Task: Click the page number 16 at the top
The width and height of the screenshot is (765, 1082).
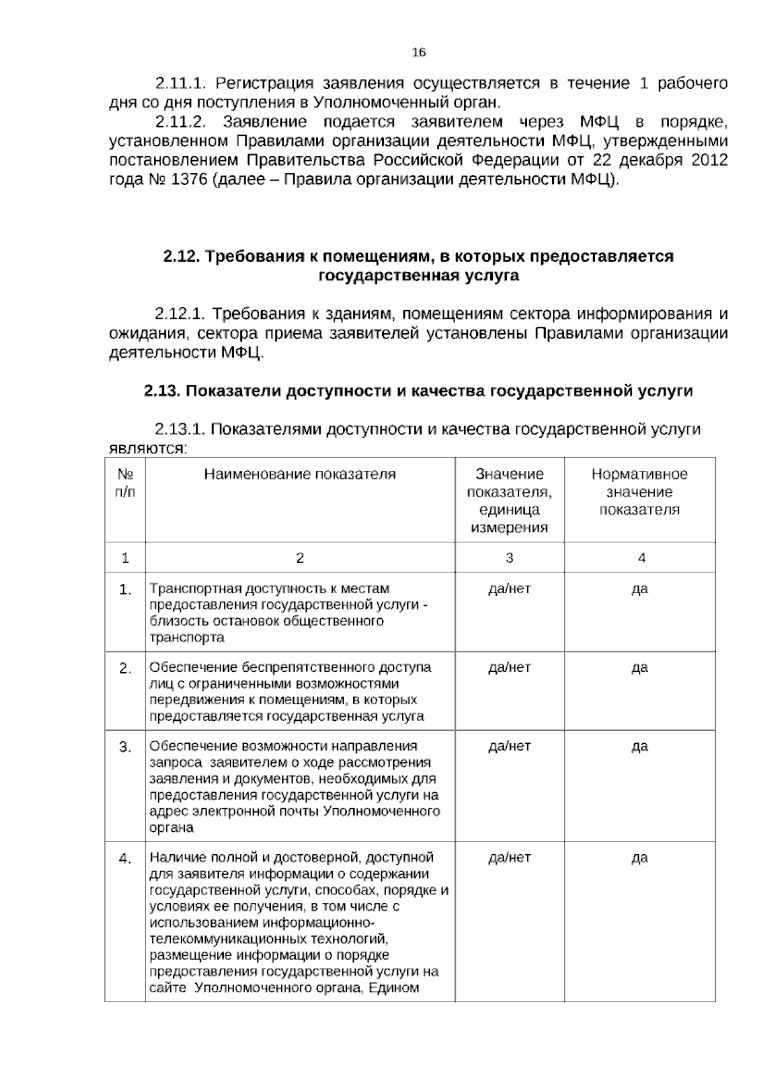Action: pos(419,53)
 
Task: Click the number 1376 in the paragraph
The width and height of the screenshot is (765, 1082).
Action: pos(189,179)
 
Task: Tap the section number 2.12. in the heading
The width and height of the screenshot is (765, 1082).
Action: pos(182,256)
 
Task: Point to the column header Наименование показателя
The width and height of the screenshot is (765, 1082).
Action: pos(300,474)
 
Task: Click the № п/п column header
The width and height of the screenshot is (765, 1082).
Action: pos(125,483)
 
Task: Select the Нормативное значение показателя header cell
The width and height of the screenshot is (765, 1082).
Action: pos(639,492)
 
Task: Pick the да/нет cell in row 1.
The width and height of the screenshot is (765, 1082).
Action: pos(509,588)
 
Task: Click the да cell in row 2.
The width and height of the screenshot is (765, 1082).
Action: pos(639,667)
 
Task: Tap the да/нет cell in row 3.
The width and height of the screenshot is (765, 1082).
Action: pos(509,746)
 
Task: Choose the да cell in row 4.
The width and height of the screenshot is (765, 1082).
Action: pos(639,857)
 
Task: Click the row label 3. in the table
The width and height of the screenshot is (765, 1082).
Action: pos(125,747)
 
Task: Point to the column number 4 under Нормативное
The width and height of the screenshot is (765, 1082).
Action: pos(641,558)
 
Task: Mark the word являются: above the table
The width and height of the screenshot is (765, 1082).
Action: pos(146,449)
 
